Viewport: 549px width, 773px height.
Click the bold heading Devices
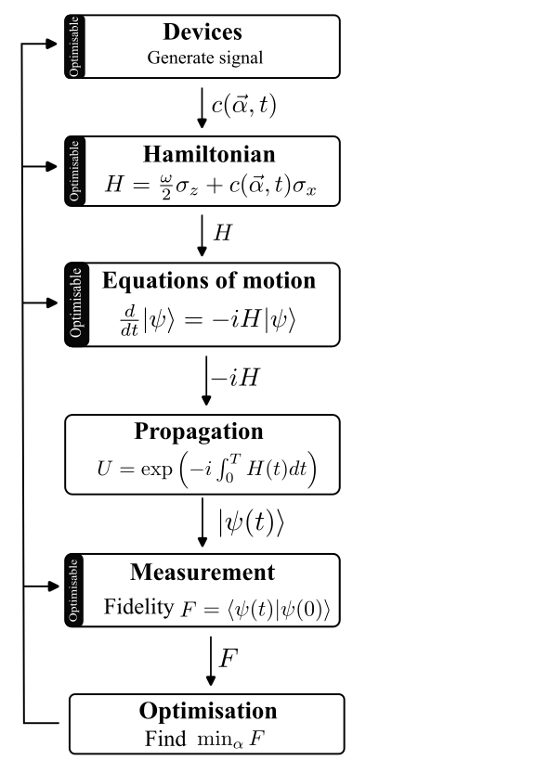[x=203, y=32]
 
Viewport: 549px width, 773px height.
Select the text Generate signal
[x=205, y=58]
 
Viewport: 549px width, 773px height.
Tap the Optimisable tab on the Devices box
[x=74, y=46]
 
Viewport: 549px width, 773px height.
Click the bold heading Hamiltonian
[x=209, y=154]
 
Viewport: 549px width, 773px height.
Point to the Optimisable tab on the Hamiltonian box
[x=74, y=171]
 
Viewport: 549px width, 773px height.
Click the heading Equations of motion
[x=209, y=280]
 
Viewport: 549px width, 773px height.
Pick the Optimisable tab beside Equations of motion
[x=76, y=304]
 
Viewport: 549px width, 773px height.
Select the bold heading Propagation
[x=199, y=432]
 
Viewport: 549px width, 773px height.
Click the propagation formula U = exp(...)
[x=206, y=469]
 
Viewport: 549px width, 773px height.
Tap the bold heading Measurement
[x=203, y=573]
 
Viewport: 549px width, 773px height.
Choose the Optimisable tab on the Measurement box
[x=74, y=590]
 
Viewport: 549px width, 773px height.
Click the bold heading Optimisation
[x=208, y=711]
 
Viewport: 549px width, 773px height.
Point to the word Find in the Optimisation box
[x=165, y=739]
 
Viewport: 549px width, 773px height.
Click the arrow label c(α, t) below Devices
[x=244, y=105]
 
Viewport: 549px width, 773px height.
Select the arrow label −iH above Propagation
[x=236, y=378]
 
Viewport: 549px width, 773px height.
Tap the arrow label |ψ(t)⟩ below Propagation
[x=252, y=522]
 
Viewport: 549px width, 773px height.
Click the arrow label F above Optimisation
[x=229, y=659]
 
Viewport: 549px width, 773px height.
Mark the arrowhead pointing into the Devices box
[x=52, y=44]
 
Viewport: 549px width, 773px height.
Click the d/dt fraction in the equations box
[x=129, y=320]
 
